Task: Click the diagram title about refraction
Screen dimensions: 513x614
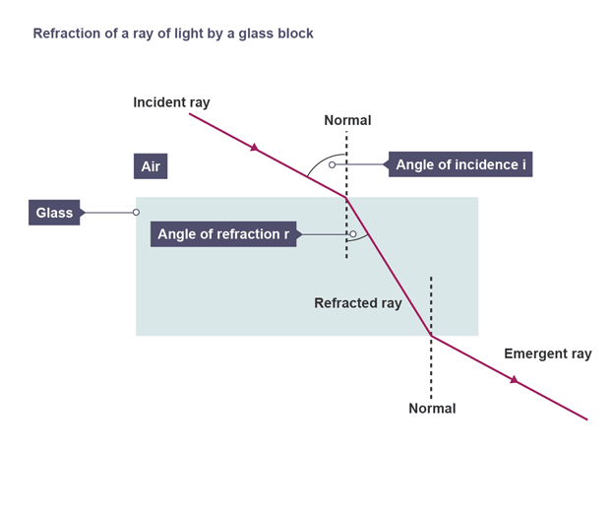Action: [173, 33]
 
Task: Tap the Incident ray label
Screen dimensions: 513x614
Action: [171, 102]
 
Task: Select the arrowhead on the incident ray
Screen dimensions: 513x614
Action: [255, 148]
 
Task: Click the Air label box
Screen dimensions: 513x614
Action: [150, 166]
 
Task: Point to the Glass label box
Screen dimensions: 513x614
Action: [54, 213]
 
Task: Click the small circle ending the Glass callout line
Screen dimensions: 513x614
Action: [136, 213]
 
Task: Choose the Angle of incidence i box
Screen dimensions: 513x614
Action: [460, 164]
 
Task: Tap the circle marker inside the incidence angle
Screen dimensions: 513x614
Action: [333, 164]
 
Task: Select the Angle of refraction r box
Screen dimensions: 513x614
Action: [223, 234]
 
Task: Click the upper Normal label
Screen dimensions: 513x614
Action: [347, 120]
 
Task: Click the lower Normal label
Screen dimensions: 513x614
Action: [432, 408]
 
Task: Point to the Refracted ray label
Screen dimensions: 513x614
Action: [357, 303]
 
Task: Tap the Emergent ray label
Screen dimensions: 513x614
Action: [547, 353]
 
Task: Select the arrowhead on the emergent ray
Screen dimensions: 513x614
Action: [514, 379]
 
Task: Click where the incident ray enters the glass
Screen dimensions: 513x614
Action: [346, 198]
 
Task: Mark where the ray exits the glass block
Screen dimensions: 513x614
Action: [431, 336]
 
